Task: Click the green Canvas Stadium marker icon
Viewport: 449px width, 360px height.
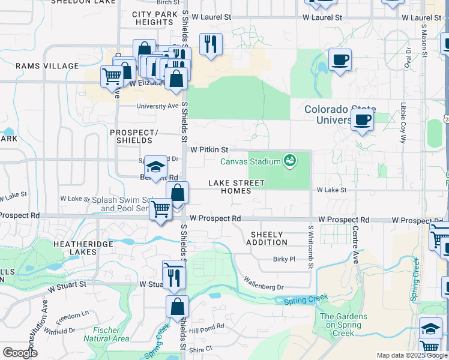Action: (x=291, y=161)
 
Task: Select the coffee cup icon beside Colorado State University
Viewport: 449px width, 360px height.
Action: (x=362, y=120)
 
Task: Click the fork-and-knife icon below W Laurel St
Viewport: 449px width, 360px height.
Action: (x=211, y=44)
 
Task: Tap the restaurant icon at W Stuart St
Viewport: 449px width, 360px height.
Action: (x=175, y=277)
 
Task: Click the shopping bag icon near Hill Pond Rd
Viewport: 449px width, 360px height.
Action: (x=177, y=307)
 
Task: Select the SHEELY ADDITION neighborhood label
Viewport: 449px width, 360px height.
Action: (x=267, y=238)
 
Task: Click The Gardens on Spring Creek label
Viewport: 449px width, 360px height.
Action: (x=340, y=325)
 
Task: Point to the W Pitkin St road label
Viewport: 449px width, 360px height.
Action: (x=209, y=149)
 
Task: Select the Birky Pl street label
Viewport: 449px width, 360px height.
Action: (x=285, y=259)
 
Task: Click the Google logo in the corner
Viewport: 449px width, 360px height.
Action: (x=20, y=353)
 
